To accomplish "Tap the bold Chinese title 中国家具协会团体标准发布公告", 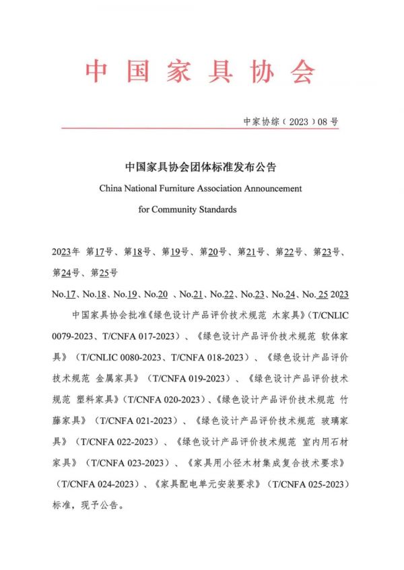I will tap(201, 166).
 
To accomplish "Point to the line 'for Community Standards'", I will tap(188, 209).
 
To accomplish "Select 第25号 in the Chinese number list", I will tap(104, 273).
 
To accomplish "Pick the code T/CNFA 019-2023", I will tap(191, 377).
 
